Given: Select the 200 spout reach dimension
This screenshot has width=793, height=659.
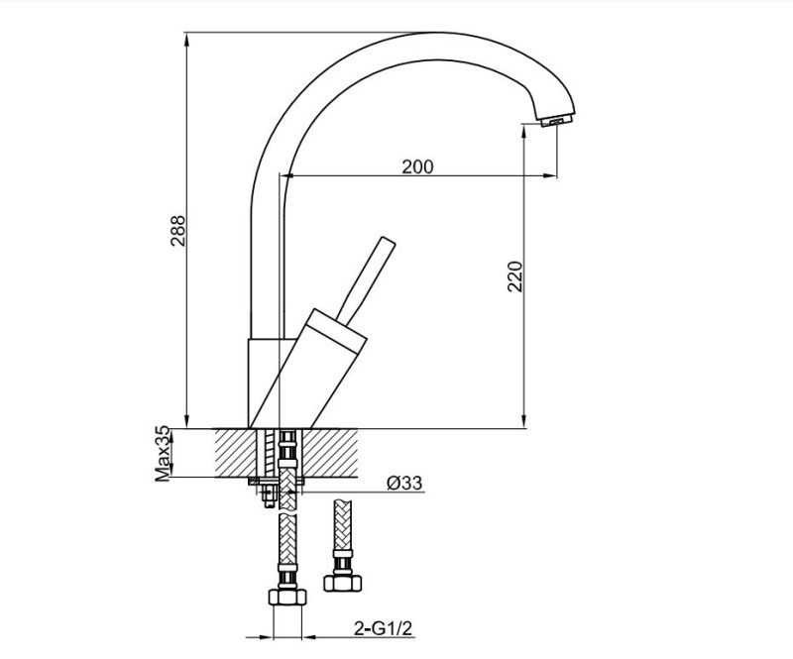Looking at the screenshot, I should (417, 166).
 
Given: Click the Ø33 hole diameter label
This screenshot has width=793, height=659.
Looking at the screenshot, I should (404, 484).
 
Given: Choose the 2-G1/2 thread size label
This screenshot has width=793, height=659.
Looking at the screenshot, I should (382, 627).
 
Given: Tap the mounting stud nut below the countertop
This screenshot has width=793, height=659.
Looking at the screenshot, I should (268, 493).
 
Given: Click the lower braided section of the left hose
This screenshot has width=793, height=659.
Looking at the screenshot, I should (287, 550).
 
